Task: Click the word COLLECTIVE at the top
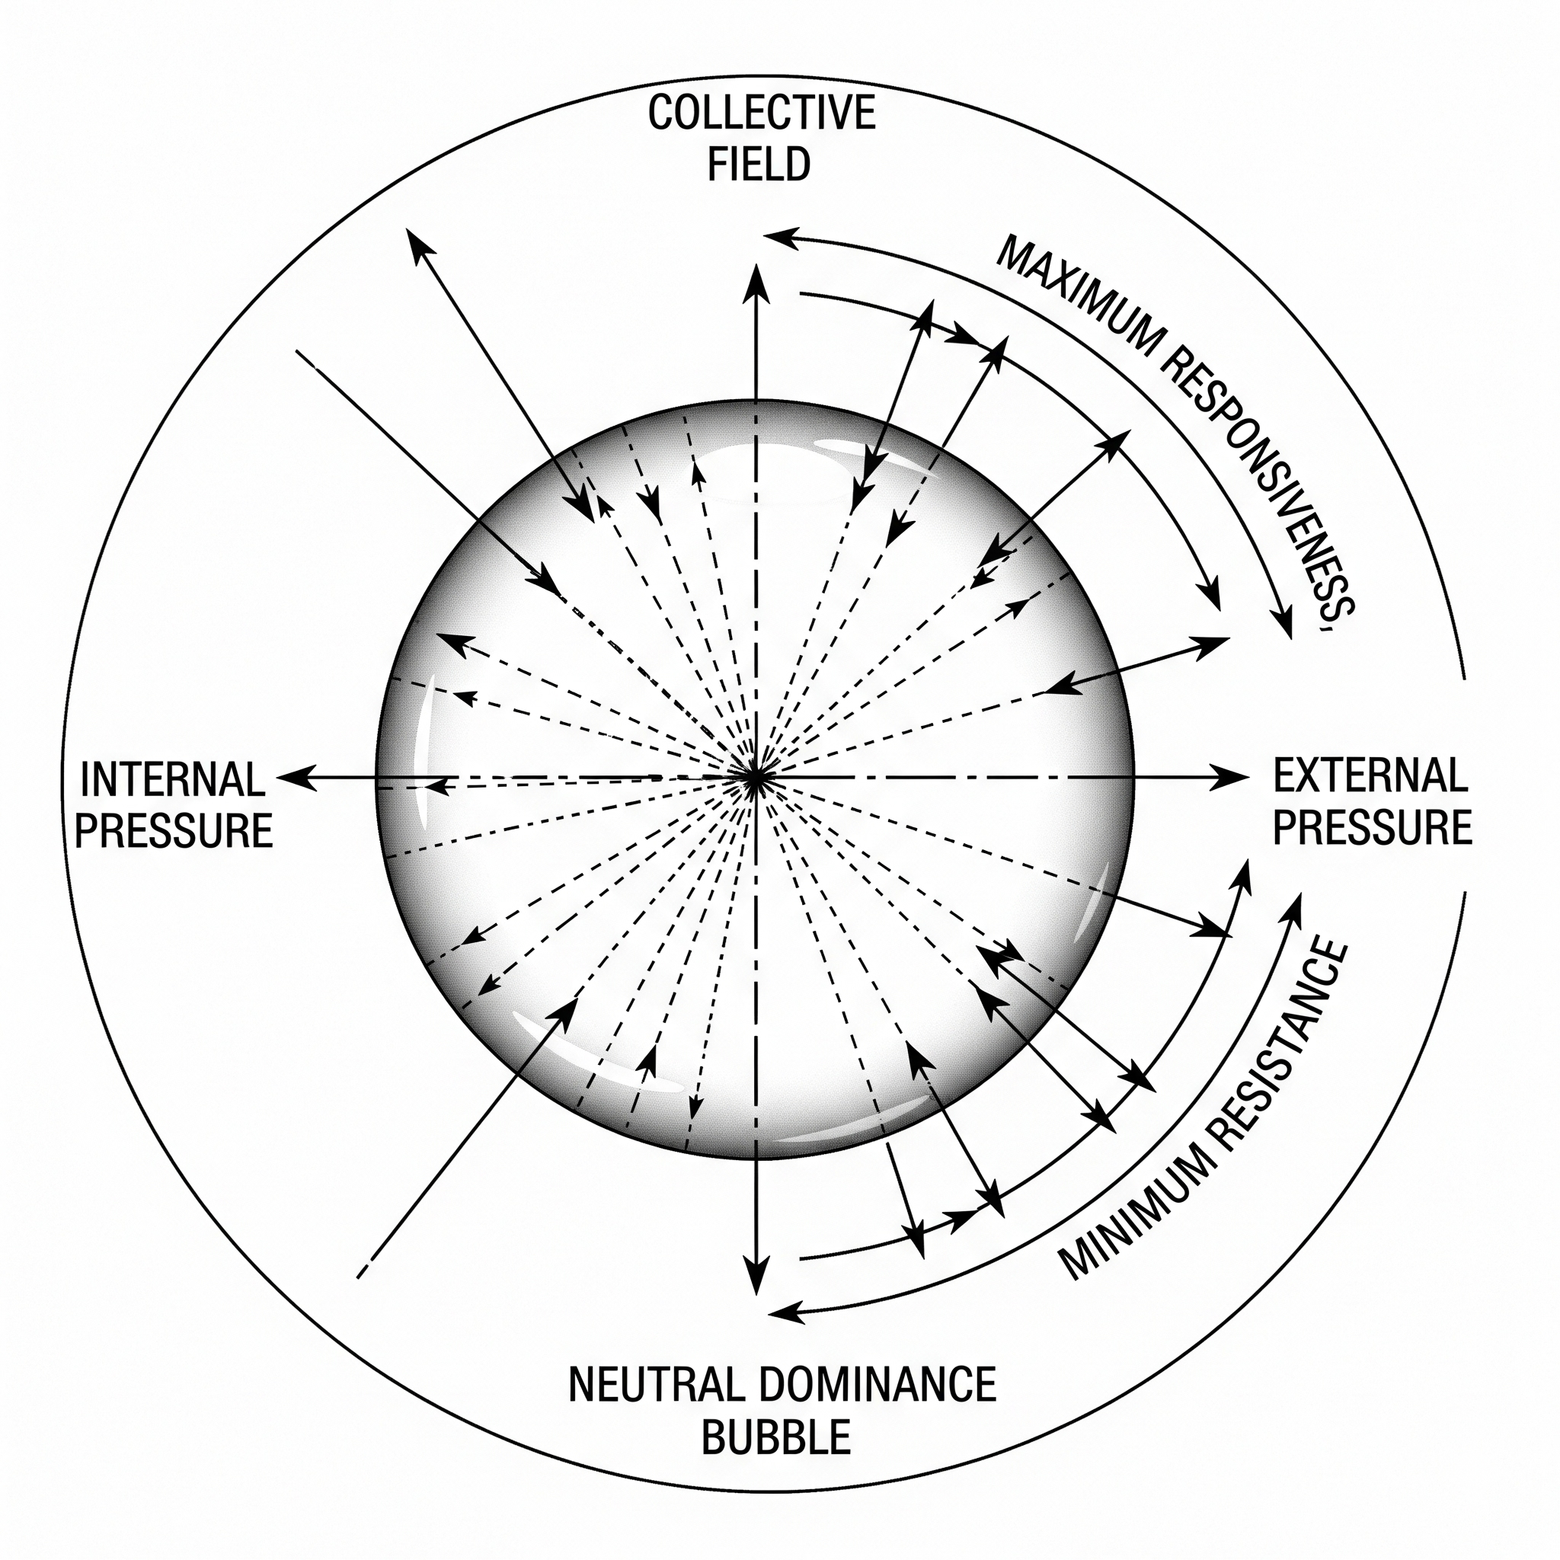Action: (x=761, y=112)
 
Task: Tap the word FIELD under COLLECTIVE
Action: (x=759, y=164)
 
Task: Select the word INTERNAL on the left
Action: (x=173, y=779)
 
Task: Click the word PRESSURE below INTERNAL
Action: (x=174, y=831)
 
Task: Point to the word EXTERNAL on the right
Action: (x=1370, y=776)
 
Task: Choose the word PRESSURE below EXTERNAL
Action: (x=1372, y=828)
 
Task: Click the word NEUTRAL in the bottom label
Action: (x=655, y=1386)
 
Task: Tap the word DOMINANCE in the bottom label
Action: (x=877, y=1386)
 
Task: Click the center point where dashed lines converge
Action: (x=754, y=778)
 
